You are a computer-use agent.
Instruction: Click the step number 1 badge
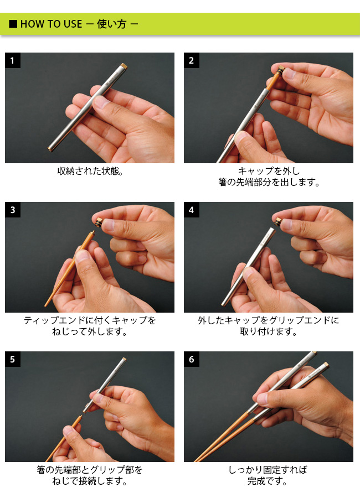pyautogui.click(x=13, y=60)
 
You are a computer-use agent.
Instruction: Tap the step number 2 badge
pyautogui.click(x=192, y=60)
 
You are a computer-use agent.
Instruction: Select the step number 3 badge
pyautogui.click(x=13, y=210)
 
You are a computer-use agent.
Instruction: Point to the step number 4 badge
pyautogui.click(x=192, y=210)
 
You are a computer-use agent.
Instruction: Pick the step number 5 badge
pyautogui.click(x=13, y=359)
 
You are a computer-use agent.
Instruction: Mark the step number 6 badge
pyautogui.click(x=192, y=359)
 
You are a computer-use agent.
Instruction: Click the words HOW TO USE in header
pyautogui.click(x=51, y=24)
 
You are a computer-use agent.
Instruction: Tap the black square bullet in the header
pyautogui.click(x=13, y=24)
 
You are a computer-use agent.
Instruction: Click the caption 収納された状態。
pyautogui.click(x=90, y=171)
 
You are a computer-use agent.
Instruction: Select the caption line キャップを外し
pyautogui.click(x=269, y=171)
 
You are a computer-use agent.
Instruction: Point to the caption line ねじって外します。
pyautogui.click(x=90, y=332)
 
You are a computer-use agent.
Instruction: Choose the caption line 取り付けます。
pyautogui.click(x=269, y=332)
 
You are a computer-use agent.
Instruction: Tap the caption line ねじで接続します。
pyautogui.click(x=90, y=481)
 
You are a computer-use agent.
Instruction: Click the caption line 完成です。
pyautogui.click(x=268, y=481)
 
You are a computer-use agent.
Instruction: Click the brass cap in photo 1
pyautogui.click(x=124, y=66)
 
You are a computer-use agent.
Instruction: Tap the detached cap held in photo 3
pyautogui.click(x=99, y=222)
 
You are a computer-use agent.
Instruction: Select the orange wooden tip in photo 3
pyautogui.click(x=69, y=268)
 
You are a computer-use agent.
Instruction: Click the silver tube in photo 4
pyautogui.click(x=248, y=267)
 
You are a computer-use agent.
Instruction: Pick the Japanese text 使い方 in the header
pyautogui.click(x=112, y=24)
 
